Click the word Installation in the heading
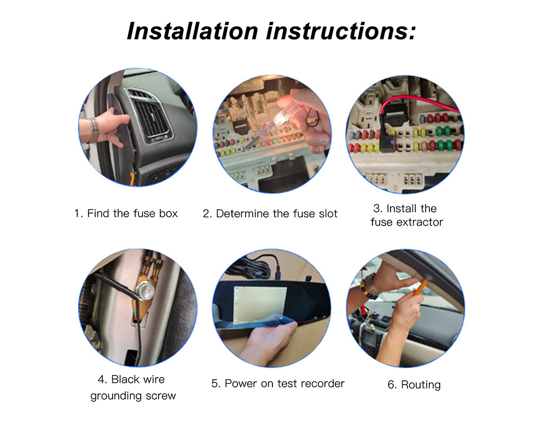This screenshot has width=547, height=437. [x=192, y=31]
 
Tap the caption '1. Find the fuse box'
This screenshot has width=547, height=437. [x=126, y=213]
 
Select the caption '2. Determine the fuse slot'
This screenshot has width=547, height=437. [x=270, y=214]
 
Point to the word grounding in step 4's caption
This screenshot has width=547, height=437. [x=117, y=396]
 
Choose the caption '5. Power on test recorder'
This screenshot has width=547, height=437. [x=278, y=383]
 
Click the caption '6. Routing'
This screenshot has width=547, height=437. [x=414, y=385]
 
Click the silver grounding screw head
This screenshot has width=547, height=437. [x=142, y=289]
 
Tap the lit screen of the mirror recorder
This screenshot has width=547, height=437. [x=260, y=304]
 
